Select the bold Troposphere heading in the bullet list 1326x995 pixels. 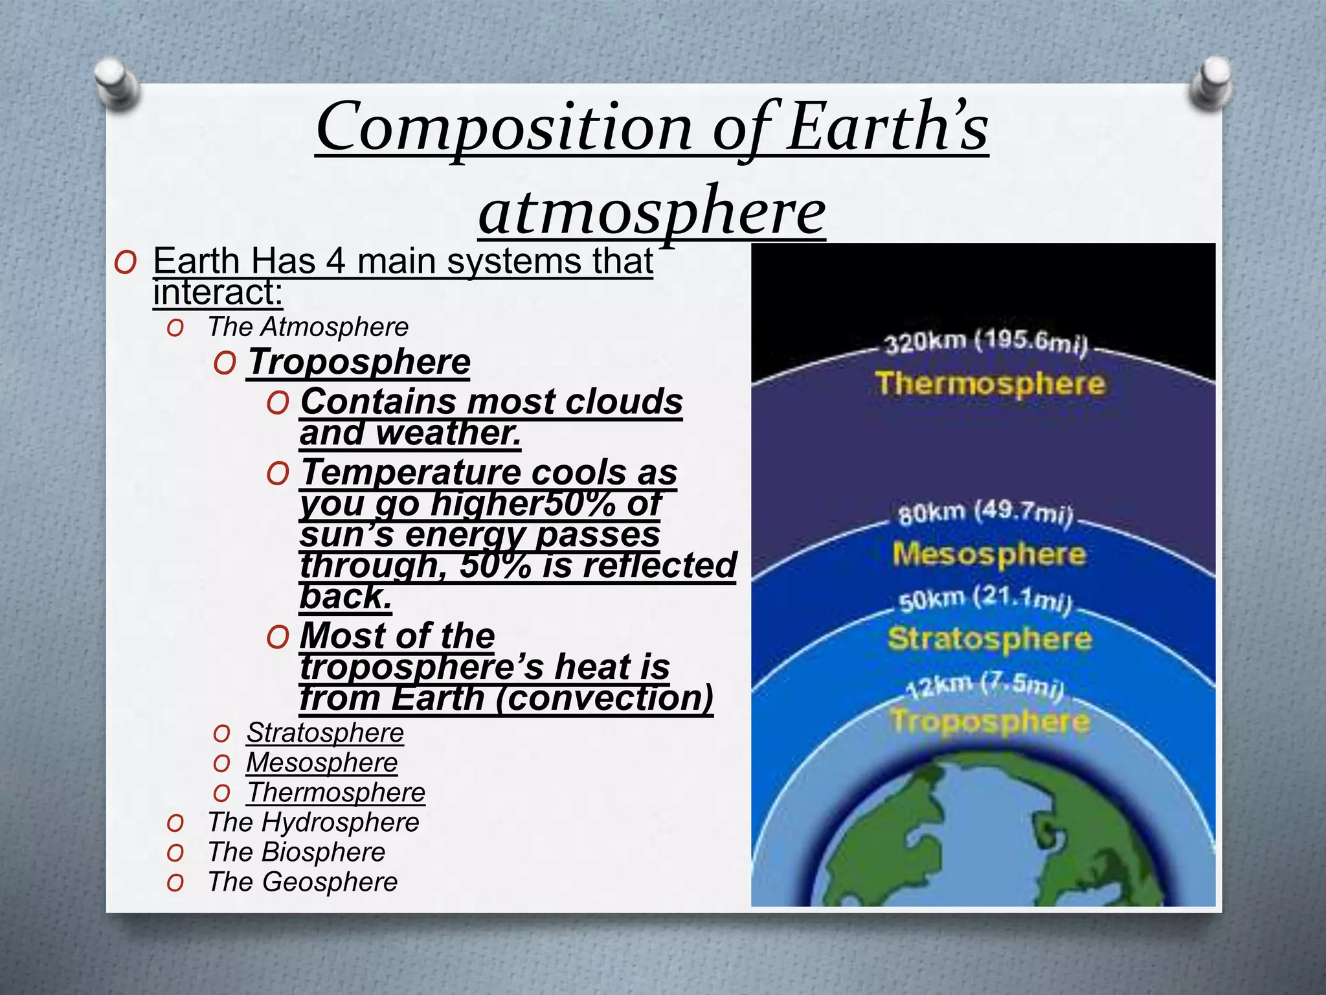[359, 361]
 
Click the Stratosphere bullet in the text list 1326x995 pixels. [324, 733]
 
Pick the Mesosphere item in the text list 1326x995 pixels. [321, 762]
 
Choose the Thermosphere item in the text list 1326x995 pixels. [335, 792]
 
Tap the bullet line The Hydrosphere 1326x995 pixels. [313, 822]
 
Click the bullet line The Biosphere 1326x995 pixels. [296, 852]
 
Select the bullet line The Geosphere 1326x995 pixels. [302, 882]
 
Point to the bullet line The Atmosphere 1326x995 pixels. [308, 326]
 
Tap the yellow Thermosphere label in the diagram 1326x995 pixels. [989, 383]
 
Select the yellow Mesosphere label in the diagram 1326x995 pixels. [988, 555]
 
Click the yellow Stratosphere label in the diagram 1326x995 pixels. [989, 639]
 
